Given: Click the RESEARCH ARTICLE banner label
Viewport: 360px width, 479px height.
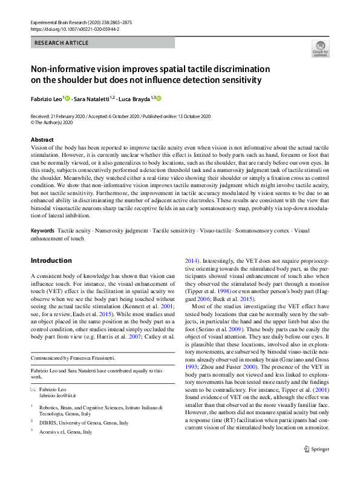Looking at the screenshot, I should tap(62, 43).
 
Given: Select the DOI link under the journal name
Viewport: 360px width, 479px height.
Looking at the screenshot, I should tap(74, 28).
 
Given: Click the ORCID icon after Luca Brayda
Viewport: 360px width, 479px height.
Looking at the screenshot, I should tap(159, 98).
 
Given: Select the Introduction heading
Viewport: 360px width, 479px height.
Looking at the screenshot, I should tap(51, 260).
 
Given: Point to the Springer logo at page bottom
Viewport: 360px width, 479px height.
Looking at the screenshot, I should tap(316, 466).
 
